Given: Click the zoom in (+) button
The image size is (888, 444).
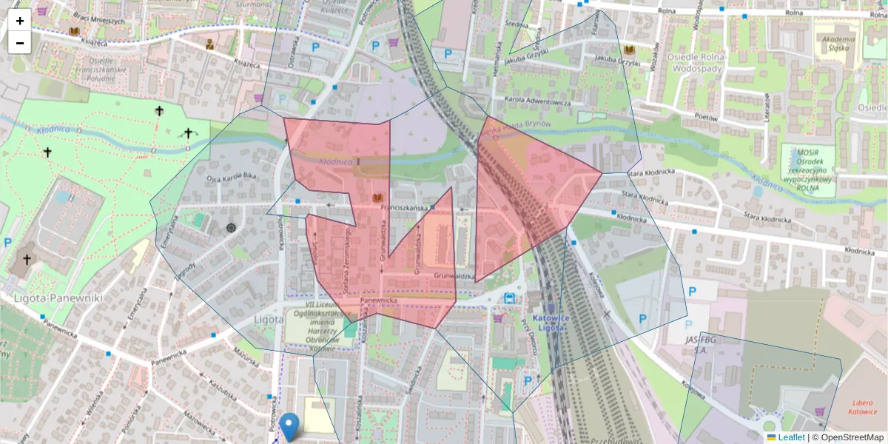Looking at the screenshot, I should click(x=20, y=21).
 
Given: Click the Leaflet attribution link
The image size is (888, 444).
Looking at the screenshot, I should click(x=791, y=437).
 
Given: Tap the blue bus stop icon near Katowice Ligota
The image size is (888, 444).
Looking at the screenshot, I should click(x=510, y=298).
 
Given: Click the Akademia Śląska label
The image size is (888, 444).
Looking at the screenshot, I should click(x=838, y=44).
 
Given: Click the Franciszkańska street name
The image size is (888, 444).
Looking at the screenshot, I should click(x=404, y=209).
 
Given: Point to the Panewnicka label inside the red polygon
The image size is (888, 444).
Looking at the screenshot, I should click(x=379, y=301).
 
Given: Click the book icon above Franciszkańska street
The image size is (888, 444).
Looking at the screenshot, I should click(x=377, y=198).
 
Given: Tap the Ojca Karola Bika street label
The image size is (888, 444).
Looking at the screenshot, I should click(x=231, y=178).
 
